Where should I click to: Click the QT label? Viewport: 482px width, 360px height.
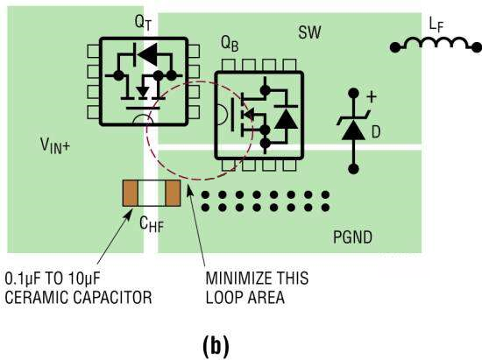(143, 23)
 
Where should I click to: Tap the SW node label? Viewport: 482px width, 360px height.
(309, 32)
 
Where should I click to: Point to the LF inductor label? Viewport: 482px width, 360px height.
(436, 25)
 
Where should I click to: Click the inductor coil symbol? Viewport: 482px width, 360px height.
(436, 43)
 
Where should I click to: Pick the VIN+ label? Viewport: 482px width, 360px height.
(55, 145)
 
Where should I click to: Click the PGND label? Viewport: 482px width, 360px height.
(352, 237)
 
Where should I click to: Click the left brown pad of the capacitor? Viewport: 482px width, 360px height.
(131, 193)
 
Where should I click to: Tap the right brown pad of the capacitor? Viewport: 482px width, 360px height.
(173, 193)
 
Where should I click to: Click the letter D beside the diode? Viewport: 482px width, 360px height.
(376, 132)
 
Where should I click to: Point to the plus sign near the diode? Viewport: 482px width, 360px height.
(372, 97)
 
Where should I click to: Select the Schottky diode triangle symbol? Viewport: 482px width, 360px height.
(353, 130)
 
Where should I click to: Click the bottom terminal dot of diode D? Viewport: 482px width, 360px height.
(353, 169)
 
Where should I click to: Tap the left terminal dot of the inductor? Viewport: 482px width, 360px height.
(395, 47)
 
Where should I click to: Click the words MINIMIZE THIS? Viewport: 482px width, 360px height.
(257, 278)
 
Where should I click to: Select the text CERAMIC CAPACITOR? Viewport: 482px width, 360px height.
(78, 297)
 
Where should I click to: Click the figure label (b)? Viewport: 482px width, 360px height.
(216, 346)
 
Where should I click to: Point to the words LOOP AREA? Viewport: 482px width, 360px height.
(245, 297)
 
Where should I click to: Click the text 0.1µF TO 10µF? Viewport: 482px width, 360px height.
(53, 279)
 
